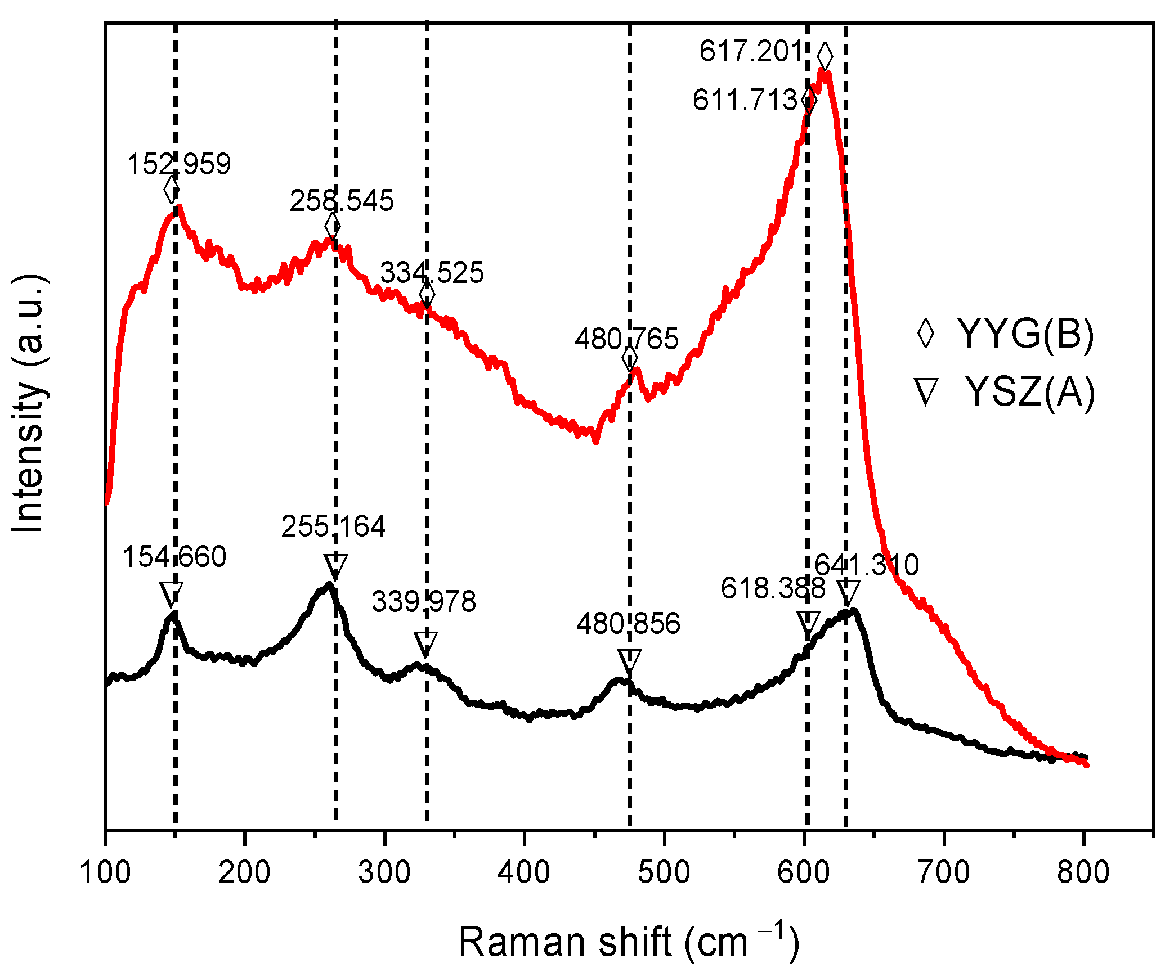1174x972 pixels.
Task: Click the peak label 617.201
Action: click(x=751, y=52)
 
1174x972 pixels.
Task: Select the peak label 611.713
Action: click(x=745, y=101)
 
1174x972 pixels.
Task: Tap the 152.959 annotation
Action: click(x=179, y=165)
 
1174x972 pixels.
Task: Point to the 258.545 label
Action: click(x=342, y=201)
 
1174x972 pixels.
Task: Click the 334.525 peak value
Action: click(x=432, y=273)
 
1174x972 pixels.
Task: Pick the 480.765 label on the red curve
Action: click(x=626, y=340)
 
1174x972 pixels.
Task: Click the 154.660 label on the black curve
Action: click(x=174, y=557)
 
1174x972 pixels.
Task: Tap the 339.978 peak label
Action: click(x=424, y=602)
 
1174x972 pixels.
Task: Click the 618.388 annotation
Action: click(x=773, y=589)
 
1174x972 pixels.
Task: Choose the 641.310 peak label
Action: click(x=867, y=565)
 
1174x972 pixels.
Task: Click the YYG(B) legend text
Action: click(x=1025, y=334)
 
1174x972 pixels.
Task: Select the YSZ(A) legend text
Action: click(x=1029, y=392)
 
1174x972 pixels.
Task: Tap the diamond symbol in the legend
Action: click(x=926, y=334)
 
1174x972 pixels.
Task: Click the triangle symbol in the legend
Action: click(x=926, y=391)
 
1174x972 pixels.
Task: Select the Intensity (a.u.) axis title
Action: click(x=28, y=403)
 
